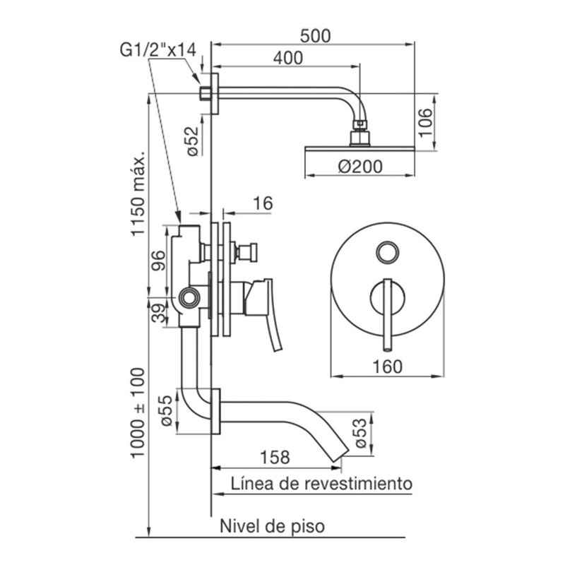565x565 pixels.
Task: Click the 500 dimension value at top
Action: [315, 36]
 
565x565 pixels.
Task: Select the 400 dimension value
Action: [288, 59]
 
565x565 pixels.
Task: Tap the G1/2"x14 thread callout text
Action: [157, 50]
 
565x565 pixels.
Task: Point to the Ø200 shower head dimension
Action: [360, 167]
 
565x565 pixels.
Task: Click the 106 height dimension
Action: [426, 122]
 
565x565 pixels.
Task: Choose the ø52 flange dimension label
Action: [193, 141]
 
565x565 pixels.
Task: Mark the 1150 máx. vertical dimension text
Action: [138, 193]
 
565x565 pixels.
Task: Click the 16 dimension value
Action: [263, 203]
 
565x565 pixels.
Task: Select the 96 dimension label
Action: [157, 261]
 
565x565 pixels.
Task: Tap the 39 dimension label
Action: [158, 312]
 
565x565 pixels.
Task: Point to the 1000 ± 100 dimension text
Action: [138, 413]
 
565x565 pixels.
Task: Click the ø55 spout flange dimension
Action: [167, 411]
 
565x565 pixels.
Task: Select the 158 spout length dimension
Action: [275, 457]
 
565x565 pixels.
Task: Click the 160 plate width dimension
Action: [387, 367]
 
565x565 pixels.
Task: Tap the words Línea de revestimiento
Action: [321, 484]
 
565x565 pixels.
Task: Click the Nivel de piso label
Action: [273, 526]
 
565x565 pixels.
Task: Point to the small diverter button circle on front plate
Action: [387, 252]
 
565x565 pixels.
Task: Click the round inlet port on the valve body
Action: [189, 297]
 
